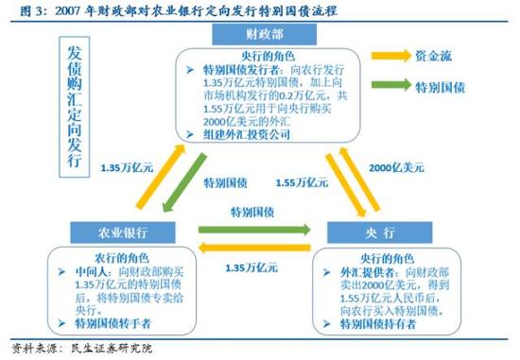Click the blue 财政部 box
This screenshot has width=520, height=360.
[x=261, y=34]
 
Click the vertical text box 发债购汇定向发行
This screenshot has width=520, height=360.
[x=78, y=106]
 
